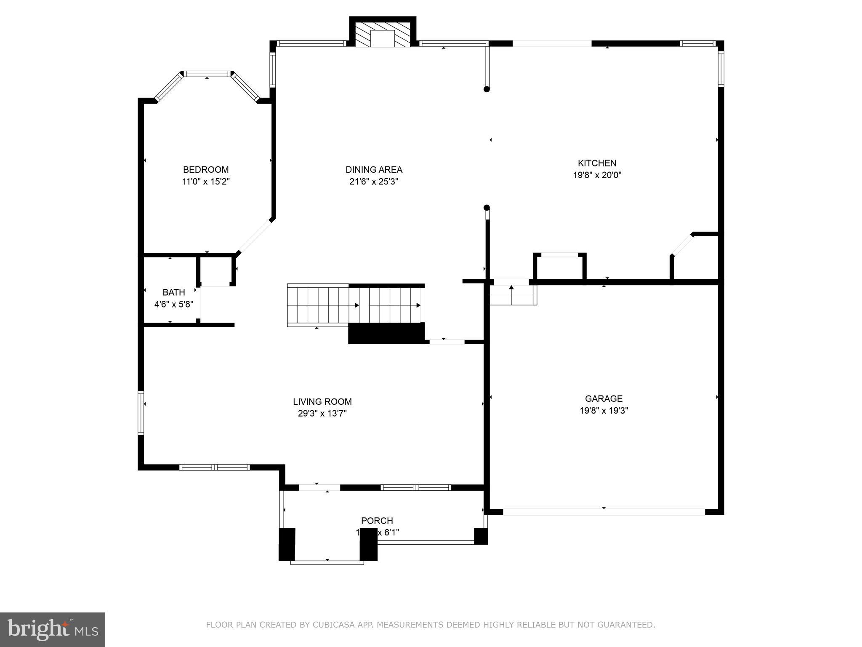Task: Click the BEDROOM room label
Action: pos(206,170)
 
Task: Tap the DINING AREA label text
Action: pos(374,170)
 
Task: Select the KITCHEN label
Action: pos(597,163)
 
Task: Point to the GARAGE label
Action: pos(604,398)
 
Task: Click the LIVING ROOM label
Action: pos(322,402)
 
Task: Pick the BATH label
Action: pos(174,292)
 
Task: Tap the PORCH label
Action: pos(377,521)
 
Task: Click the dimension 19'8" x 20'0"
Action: pos(597,175)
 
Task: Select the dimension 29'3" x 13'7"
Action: pos(322,414)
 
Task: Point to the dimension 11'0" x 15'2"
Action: pos(206,182)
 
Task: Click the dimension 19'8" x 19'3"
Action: pos(604,411)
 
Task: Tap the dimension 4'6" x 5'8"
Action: pos(174,304)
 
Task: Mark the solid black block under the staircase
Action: pos(386,334)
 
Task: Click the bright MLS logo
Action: pos(53,629)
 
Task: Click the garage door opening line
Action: pos(604,512)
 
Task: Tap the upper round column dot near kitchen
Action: pos(487,89)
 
